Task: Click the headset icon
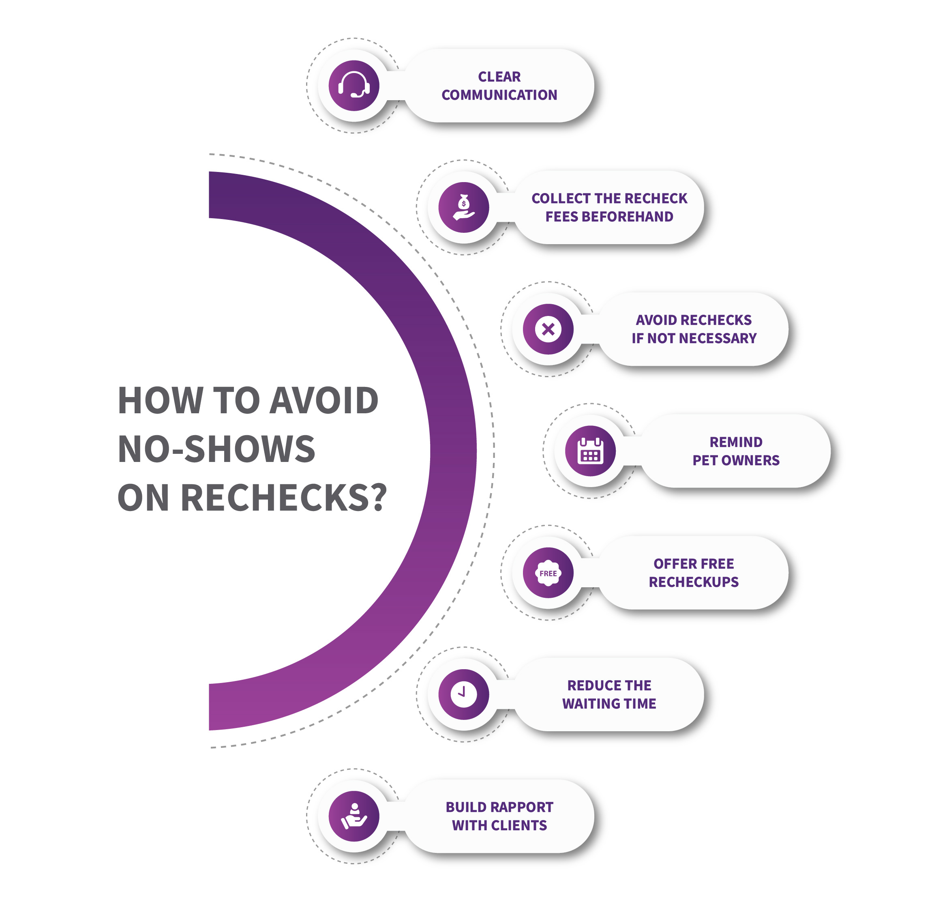click(x=354, y=86)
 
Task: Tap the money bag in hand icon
click(x=463, y=207)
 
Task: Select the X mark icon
click(x=548, y=329)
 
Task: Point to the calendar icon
click(x=590, y=451)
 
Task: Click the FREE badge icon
click(x=548, y=573)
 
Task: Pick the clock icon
click(x=463, y=694)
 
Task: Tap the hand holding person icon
click(x=354, y=816)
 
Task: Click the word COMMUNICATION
click(x=499, y=95)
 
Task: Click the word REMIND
click(x=736, y=442)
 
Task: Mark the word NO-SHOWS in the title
click(x=216, y=449)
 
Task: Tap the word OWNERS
click(x=753, y=460)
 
